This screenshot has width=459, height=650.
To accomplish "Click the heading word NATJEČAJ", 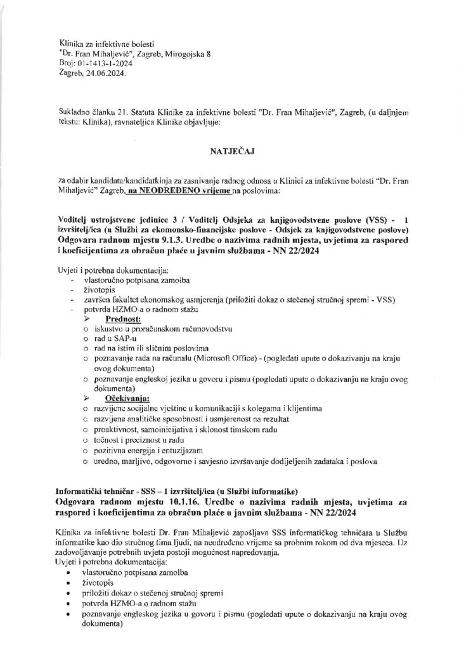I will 229,153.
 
